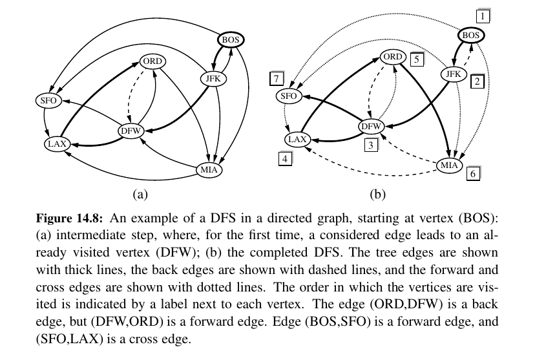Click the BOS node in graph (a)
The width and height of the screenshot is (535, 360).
230,40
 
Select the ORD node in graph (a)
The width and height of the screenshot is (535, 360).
152,62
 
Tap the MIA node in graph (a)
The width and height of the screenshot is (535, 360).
209,171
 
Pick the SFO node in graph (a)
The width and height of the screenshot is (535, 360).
47,101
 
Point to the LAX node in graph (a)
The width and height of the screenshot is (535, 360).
58,143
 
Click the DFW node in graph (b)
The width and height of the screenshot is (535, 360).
371,127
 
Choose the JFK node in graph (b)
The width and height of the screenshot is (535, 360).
454,75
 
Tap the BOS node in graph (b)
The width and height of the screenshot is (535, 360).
471,35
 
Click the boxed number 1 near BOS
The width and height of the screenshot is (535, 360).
483,14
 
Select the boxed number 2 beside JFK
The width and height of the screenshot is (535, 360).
477,82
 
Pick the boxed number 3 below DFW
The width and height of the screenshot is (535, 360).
370,145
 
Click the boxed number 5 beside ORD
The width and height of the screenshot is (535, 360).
417,59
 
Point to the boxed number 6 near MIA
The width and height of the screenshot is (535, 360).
472,174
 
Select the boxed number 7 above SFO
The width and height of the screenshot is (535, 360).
277,79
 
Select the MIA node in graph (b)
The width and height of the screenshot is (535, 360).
450,165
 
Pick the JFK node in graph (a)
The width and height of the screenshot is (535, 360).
211,79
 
